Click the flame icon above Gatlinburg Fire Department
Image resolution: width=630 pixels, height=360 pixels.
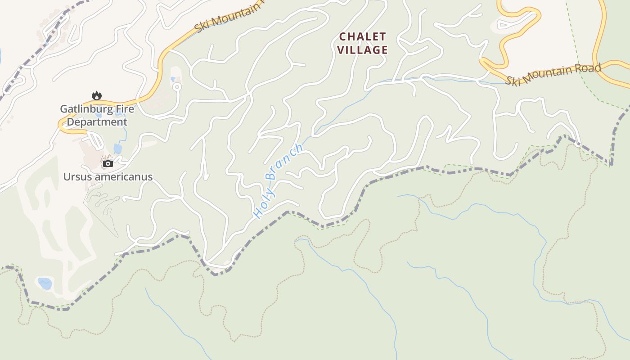click(x=96, y=95)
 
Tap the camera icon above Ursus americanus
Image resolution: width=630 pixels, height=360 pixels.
click(x=108, y=163)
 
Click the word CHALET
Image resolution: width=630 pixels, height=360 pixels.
click(x=362, y=36)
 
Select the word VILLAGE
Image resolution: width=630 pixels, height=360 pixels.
click(x=362, y=50)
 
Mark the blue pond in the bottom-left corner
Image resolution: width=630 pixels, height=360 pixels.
click(x=45, y=283)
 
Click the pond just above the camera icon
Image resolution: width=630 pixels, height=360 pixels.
click(x=117, y=148)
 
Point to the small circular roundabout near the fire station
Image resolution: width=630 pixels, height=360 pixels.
click(x=177, y=86)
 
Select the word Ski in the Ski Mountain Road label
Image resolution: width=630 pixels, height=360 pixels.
click(x=512, y=81)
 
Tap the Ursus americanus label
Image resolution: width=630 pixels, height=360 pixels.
click(x=108, y=177)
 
